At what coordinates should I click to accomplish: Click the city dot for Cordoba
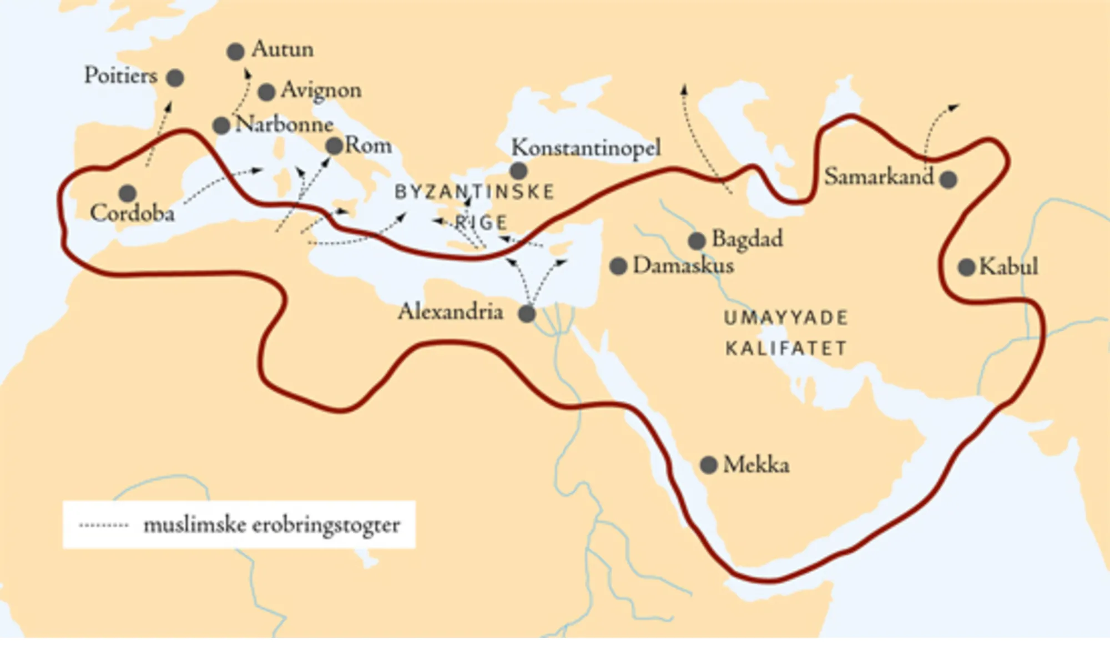coord(128,193)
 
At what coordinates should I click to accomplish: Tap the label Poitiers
coord(121,75)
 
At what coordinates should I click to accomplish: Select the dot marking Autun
coord(236,52)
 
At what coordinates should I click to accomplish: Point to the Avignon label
coord(321,90)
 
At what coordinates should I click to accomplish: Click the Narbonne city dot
coord(221,125)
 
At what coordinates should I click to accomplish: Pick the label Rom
coord(369,146)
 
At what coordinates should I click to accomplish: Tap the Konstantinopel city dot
coord(518,170)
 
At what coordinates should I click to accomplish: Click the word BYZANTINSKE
coord(475,192)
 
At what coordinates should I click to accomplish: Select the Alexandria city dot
coord(527,314)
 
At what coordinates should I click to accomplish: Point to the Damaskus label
coord(683,265)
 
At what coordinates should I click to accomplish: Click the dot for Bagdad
coord(697,241)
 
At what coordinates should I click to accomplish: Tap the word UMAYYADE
coord(786,318)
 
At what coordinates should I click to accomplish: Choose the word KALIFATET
coord(786,349)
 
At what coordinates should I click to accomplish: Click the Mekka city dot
coord(709,465)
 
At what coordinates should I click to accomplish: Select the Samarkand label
coord(879,177)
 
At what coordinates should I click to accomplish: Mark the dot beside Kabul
coord(967,267)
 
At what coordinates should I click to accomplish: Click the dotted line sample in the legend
coord(104,525)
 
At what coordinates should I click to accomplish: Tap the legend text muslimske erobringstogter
coord(271,525)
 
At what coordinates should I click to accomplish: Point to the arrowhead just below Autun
coord(248,73)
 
